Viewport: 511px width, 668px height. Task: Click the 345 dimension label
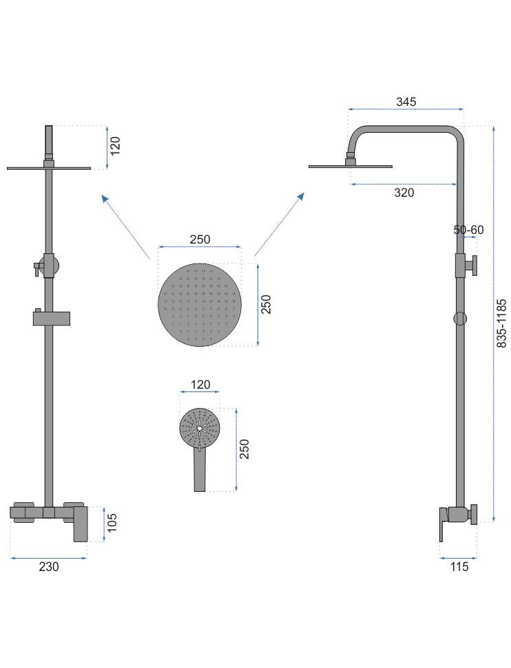pos(406,102)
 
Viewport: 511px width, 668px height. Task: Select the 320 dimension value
pos(404,193)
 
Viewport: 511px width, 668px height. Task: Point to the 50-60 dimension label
pos(468,230)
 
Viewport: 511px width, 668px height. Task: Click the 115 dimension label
pos(459,567)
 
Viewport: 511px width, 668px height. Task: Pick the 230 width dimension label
pos(49,567)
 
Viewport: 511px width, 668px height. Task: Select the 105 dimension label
pos(112,523)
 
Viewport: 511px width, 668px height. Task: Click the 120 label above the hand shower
pos(200,385)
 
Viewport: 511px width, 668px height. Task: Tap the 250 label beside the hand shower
pos(244,449)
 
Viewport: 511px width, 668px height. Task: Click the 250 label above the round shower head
pos(200,239)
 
